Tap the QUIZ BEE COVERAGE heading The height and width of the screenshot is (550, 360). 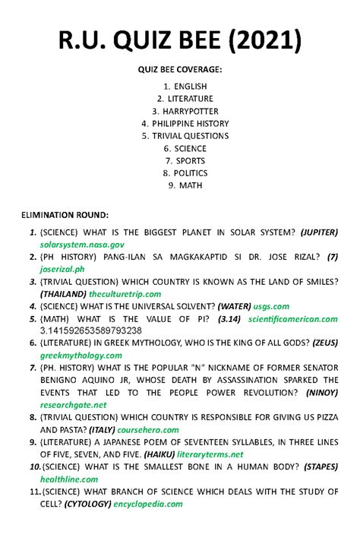pos(180,69)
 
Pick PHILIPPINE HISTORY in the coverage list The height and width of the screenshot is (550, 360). pos(185,123)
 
